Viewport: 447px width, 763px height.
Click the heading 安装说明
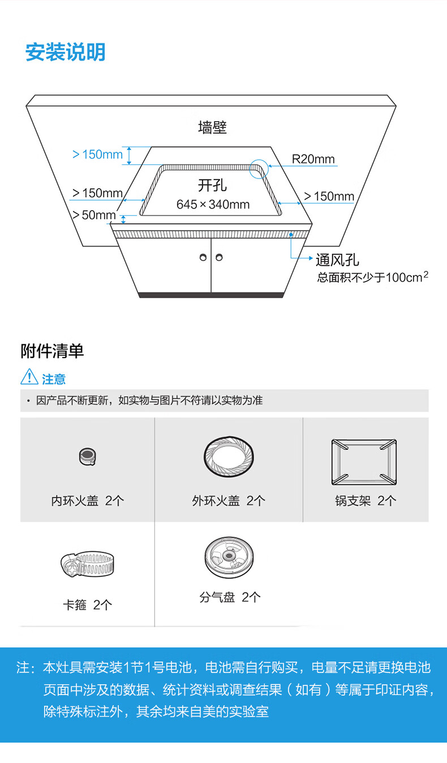65,52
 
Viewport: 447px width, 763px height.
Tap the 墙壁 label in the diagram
212,127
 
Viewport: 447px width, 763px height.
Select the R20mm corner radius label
313,159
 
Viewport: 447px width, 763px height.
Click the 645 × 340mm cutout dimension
213,204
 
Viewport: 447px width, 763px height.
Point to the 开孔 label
212,185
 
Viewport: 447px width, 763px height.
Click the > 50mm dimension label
93,215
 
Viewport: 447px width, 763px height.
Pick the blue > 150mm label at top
97,155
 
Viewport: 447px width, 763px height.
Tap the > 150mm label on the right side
329,197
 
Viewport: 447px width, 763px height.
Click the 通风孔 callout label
337,260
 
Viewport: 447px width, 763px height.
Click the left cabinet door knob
203,258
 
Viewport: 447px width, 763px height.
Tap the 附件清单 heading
52,351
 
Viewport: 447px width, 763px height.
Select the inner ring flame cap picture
87,456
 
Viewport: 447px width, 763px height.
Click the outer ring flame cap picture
229,457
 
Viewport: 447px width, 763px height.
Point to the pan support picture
364,462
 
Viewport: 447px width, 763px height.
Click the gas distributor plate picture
229,555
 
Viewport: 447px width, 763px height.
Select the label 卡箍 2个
87,605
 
